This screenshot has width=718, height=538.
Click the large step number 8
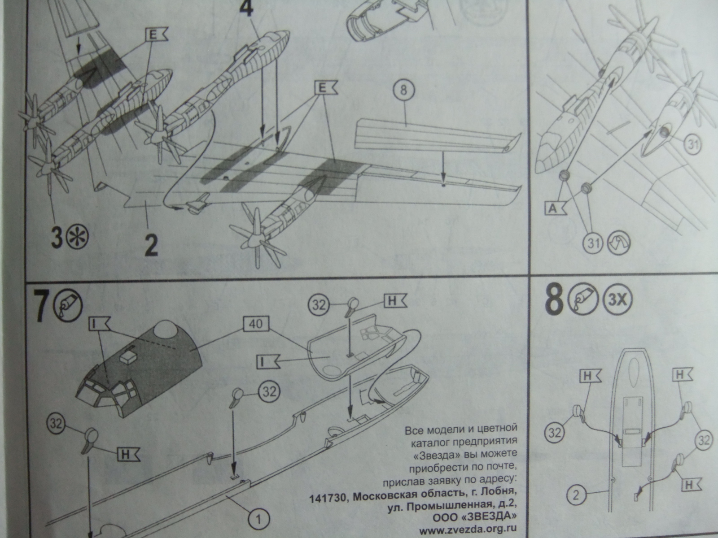point(554,300)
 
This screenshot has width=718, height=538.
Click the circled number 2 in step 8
point(576,495)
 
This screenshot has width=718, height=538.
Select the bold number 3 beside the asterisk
point(57,238)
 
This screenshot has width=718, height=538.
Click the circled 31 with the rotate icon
point(593,243)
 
